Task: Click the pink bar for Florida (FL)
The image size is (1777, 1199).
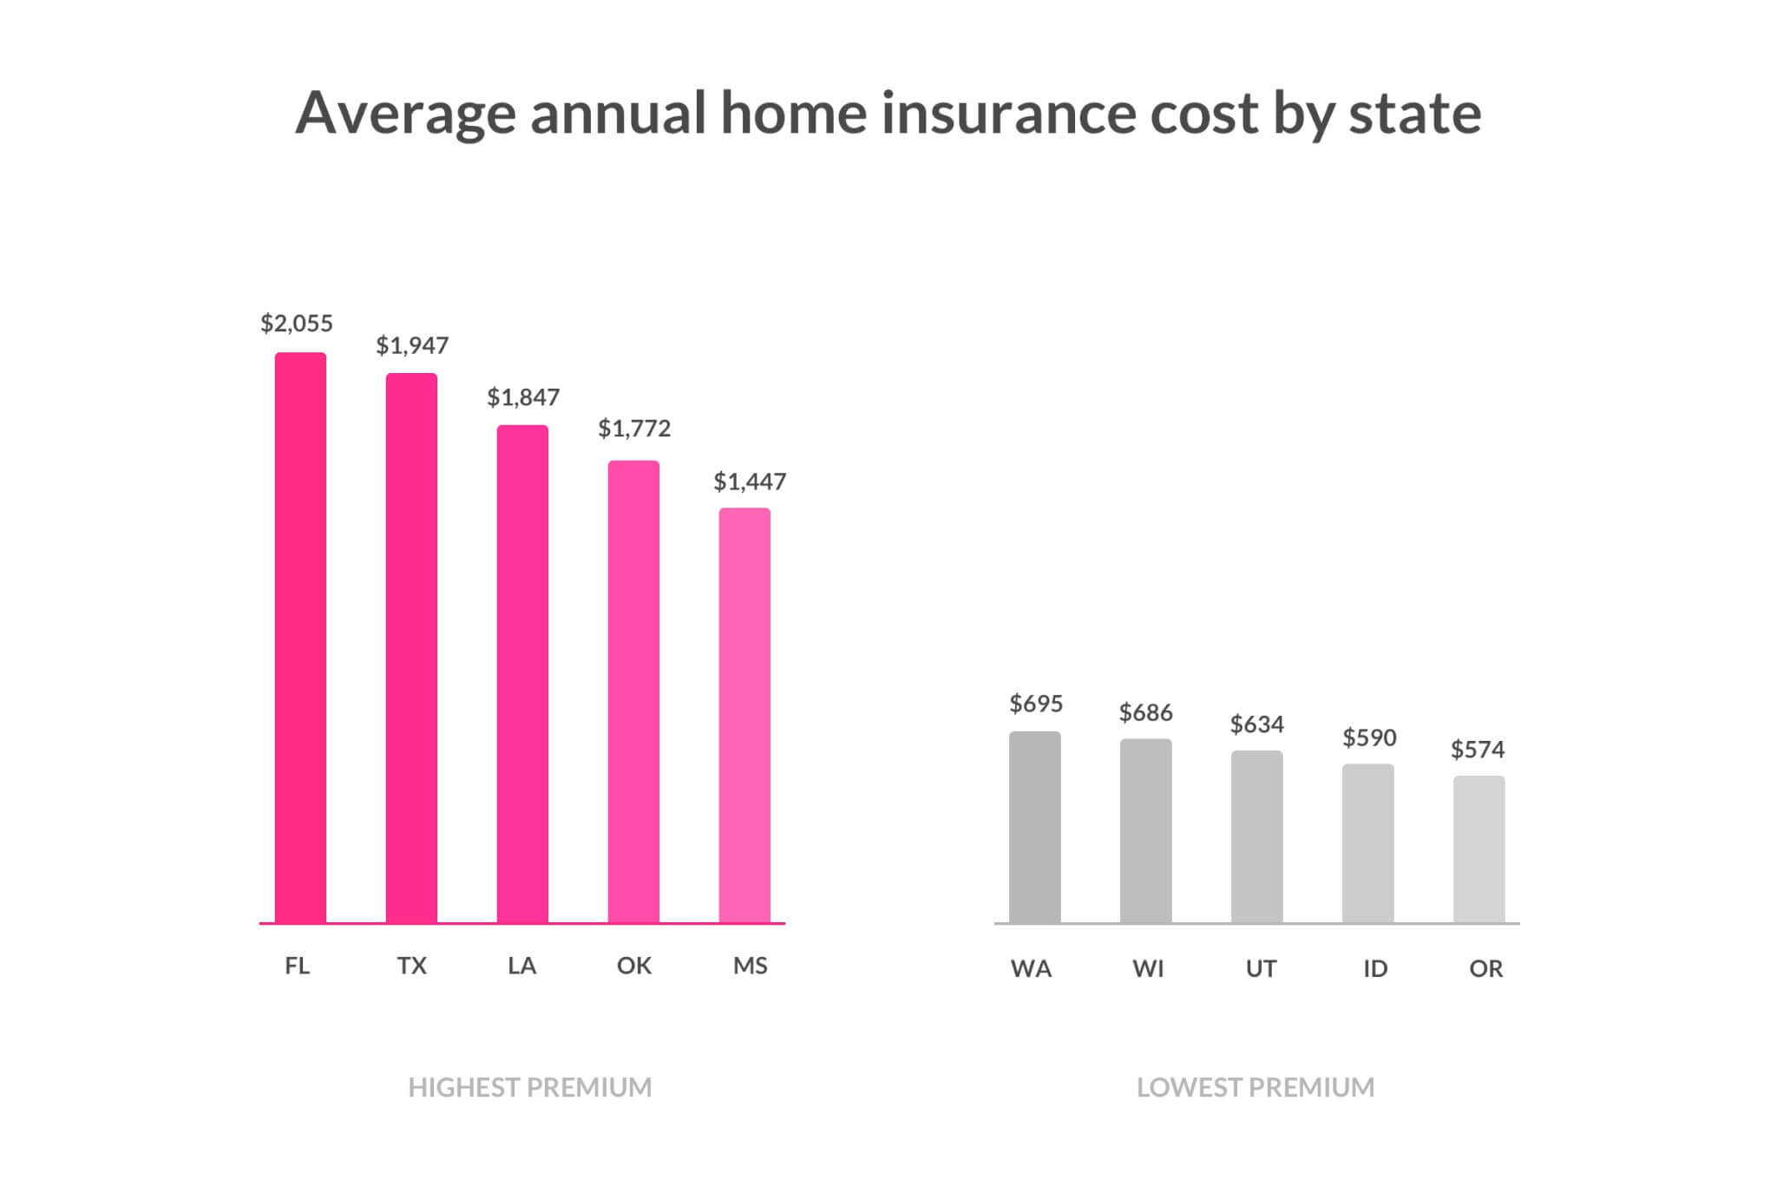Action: [x=300, y=638]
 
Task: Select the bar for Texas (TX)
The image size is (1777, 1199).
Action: [x=411, y=648]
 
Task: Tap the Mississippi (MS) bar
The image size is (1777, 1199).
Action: [x=744, y=716]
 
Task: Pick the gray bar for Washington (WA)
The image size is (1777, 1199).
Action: [x=1034, y=827]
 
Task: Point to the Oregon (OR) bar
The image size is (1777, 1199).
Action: [x=1479, y=849]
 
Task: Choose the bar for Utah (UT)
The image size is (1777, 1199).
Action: [x=1256, y=836]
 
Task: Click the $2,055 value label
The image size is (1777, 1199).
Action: [x=297, y=324]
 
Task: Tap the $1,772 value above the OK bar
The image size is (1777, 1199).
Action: [x=634, y=429]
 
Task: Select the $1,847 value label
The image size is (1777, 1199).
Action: [x=523, y=397]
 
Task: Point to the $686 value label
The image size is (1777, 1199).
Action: [x=1145, y=713]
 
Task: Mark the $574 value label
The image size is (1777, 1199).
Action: [x=1478, y=750]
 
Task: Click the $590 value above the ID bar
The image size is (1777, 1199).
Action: [x=1369, y=738]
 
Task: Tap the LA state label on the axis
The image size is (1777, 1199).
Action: [x=522, y=966]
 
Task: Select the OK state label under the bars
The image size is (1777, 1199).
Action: [x=634, y=966]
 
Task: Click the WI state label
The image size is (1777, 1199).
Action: [x=1148, y=968]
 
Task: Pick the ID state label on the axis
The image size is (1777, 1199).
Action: [x=1375, y=968]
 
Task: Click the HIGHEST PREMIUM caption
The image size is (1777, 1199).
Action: [x=530, y=1087]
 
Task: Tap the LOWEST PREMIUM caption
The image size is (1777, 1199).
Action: [x=1256, y=1087]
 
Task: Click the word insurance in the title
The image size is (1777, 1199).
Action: [x=1008, y=113]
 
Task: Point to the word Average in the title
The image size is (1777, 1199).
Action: [x=405, y=113]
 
